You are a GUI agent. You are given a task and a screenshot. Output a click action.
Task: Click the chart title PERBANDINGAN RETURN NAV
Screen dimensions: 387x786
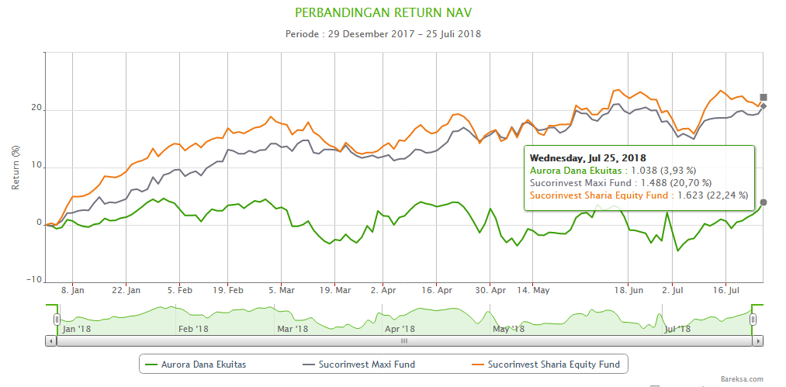(383, 13)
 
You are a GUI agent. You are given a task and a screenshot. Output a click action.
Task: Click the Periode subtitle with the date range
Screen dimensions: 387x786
(383, 34)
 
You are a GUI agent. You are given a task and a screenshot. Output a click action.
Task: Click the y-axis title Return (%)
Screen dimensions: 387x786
(16, 167)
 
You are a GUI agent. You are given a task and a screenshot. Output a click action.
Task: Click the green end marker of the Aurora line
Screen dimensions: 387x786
(763, 202)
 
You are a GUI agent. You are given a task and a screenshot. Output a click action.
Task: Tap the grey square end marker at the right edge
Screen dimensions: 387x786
(763, 98)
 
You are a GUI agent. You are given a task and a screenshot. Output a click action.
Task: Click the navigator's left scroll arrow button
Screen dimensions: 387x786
(52, 340)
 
